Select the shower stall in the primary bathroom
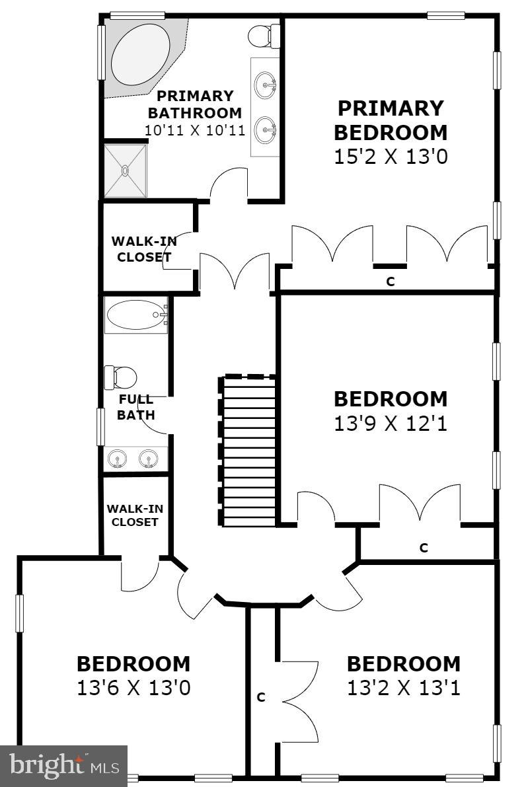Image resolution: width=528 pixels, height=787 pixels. (124, 170)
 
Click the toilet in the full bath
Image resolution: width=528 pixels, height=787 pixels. (120, 377)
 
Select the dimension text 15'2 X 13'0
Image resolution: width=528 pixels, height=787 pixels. (390, 157)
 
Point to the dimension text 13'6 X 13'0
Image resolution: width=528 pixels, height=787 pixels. (133, 688)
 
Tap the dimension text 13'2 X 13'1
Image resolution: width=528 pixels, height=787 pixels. (403, 688)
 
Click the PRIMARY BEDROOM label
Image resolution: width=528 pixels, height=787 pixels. (390, 120)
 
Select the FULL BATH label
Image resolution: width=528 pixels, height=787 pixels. (136, 407)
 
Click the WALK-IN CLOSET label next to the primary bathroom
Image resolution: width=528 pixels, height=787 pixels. (143, 249)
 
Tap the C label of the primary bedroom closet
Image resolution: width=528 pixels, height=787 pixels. (390, 281)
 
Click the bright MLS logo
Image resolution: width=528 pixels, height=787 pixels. (63, 766)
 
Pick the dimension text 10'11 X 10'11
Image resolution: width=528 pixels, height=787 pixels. (195, 130)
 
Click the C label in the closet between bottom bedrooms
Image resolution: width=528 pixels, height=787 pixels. (261, 696)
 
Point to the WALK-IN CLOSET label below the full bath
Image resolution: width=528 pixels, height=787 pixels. (135, 515)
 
